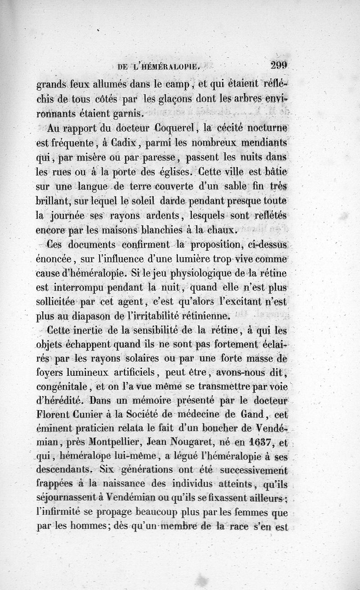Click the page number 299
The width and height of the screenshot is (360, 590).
pyautogui.click(x=279, y=65)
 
